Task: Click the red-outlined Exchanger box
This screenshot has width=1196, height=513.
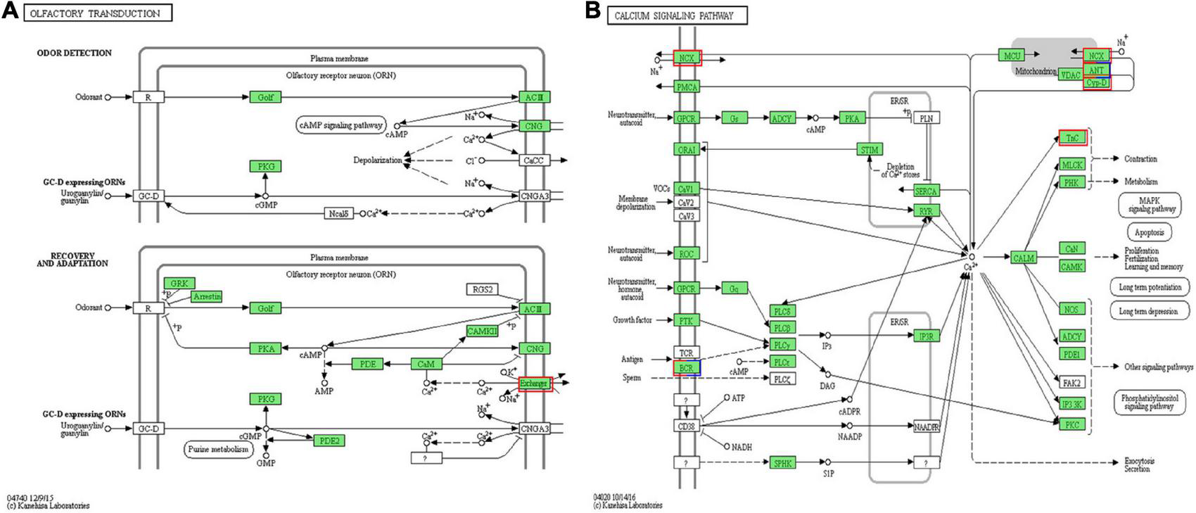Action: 535,384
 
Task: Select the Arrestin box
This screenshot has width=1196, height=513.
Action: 206,297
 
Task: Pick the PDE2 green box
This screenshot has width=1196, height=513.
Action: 329,441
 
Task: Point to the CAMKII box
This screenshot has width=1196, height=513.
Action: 482,331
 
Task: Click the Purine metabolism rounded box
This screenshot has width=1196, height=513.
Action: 219,449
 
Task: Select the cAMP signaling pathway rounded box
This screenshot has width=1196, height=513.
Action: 341,125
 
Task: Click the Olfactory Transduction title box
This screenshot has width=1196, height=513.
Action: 98,13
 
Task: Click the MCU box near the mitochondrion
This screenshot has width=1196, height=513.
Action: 1011,55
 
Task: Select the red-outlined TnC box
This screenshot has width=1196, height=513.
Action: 1072,138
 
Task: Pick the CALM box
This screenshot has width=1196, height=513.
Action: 1023,258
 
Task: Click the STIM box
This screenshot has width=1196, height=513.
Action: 870,150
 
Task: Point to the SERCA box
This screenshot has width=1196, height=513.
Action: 927,191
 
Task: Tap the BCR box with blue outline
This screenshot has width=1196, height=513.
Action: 687,368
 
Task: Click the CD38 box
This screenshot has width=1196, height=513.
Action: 687,426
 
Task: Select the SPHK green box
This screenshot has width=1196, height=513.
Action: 782,462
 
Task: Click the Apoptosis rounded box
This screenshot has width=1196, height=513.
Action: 1149,232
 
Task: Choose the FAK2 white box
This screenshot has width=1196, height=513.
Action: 1071,384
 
